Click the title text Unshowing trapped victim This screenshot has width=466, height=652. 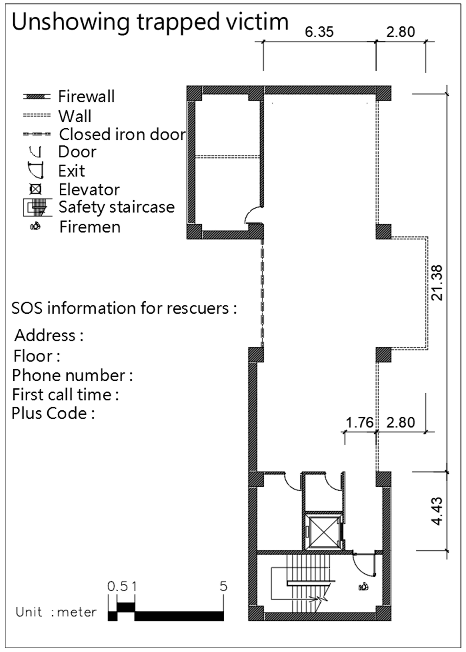150,22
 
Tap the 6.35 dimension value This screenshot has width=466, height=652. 319,32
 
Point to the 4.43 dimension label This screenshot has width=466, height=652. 437,511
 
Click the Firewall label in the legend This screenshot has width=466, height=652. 86,96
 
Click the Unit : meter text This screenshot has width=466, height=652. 56,612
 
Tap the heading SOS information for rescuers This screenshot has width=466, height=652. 124,308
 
